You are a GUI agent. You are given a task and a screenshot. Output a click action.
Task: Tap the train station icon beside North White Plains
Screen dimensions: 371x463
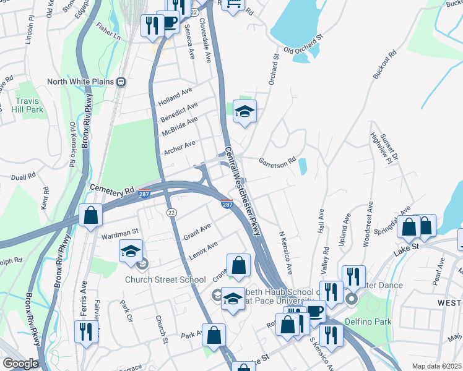pyautogui.click(x=122, y=82)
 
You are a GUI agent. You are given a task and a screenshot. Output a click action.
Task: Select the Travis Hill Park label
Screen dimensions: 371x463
pyautogui.click(x=27, y=105)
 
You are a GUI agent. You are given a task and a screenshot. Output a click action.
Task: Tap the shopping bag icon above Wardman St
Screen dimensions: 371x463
pyautogui.click(x=91, y=215)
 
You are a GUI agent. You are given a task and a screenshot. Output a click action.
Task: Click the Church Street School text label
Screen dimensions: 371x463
pyautogui.click(x=165, y=279)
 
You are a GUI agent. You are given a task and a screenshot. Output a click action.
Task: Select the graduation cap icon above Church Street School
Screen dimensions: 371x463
pyautogui.click(x=131, y=250)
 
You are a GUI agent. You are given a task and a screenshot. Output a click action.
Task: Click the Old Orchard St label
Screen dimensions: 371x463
pyautogui.click(x=303, y=43)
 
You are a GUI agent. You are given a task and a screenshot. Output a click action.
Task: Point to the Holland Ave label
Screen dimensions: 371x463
pyautogui.click(x=175, y=96)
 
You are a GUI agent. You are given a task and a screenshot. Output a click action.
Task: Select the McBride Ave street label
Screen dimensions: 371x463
pyautogui.click(x=179, y=126)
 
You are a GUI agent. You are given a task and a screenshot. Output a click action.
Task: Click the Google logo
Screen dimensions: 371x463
pyautogui.click(x=20, y=364)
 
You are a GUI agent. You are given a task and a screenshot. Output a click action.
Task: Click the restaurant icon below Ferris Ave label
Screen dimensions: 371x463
pyautogui.click(x=86, y=331)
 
